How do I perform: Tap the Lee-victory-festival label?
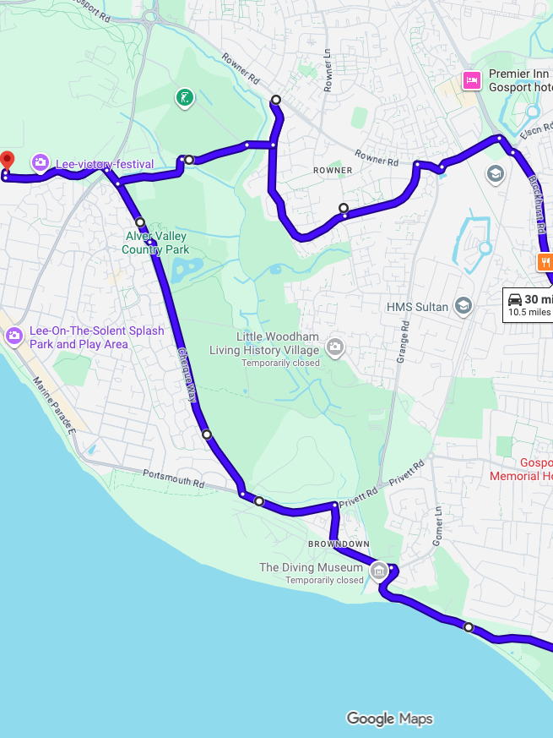[105, 164]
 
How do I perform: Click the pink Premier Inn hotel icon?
[471, 80]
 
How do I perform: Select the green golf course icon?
[184, 98]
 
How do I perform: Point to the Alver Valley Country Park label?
[155, 243]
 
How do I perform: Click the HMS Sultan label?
[417, 307]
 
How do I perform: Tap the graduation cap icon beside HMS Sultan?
[463, 305]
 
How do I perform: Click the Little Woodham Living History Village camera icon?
[335, 347]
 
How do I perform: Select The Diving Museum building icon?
[379, 571]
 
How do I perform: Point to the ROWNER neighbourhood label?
[333, 171]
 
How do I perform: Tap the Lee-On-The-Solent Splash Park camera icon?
[14, 336]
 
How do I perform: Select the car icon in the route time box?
[514, 299]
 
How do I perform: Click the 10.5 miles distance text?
[529, 312]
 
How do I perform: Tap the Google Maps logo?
[389, 719]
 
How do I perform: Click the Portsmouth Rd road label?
[174, 478]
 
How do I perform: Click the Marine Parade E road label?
[55, 407]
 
